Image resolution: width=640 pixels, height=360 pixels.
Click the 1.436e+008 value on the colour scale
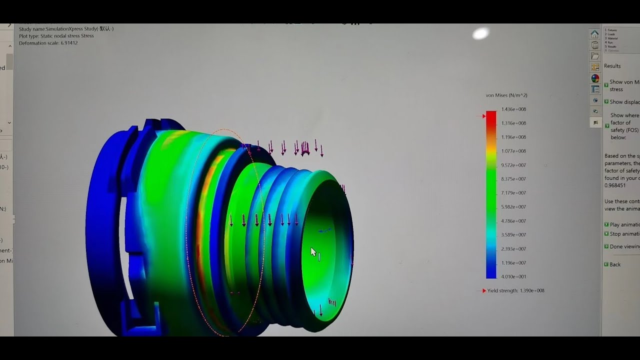click(x=513, y=109)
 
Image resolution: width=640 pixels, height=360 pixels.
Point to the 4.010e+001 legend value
click(x=513, y=276)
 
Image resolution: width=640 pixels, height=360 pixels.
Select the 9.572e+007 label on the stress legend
click(x=513, y=165)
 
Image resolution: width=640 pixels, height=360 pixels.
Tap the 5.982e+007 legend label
click(x=513, y=207)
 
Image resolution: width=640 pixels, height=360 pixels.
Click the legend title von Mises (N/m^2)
click(x=506, y=95)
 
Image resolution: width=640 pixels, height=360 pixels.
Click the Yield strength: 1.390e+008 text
click(x=515, y=290)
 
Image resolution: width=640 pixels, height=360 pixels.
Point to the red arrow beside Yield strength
click(x=483, y=290)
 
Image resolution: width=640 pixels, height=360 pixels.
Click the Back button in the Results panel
click(x=615, y=264)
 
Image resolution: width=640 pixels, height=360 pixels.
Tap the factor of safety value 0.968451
click(x=615, y=185)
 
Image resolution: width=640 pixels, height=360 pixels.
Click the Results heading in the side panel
click(x=612, y=66)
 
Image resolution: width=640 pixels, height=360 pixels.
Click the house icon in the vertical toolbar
click(x=595, y=34)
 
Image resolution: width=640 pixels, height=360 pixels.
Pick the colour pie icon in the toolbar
click(x=595, y=78)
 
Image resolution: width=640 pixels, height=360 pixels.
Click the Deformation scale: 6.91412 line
click(x=48, y=43)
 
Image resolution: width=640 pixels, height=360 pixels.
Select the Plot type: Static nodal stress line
click(x=56, y=36)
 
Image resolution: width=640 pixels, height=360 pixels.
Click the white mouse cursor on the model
click(x=313, y=252)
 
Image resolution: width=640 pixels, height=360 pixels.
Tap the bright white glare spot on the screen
click(x=480, y=33)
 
